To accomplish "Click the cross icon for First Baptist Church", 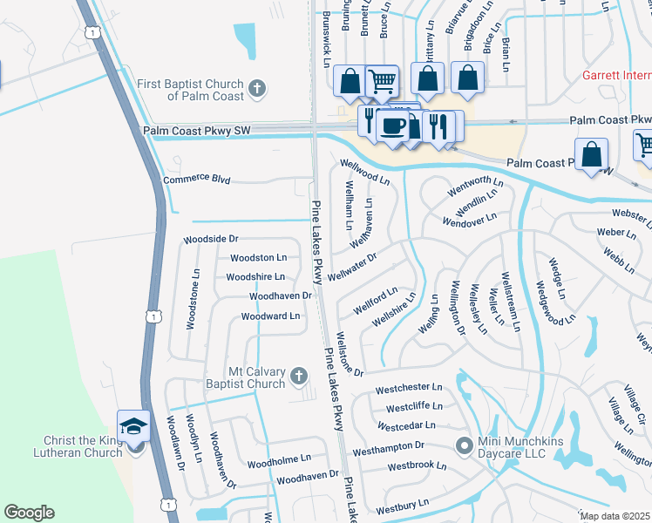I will coord(256,87).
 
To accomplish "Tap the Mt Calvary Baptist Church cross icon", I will coord(298,377).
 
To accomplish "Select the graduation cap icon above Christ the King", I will coord(133,425).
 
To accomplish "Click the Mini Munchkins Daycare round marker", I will coord(465,446).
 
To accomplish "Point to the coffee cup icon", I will coord(392,126).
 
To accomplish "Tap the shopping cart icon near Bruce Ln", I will coord(382,81).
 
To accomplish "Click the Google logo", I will coord(29,513).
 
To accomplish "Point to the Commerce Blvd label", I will coord(197,180).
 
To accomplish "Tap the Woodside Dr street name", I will coord(210,239).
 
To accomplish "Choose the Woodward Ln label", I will coord(270,316).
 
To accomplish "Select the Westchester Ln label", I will coord(409,388).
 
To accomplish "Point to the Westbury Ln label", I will coord(403,505).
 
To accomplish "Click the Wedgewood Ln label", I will coord(555,302).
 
